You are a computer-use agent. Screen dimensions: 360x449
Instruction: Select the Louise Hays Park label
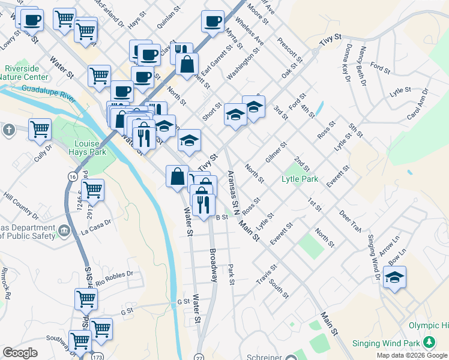tap(90, 148)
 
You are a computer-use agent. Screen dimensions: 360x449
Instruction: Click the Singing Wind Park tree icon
tap(429, 342)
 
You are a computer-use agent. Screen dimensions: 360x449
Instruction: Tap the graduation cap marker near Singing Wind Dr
tap(394, 277)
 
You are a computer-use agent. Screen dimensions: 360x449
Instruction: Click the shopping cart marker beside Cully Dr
tap(40, 128)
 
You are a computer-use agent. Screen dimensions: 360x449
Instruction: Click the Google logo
tap(20, 352)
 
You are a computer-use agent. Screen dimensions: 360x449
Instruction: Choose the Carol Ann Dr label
tap(418, 104)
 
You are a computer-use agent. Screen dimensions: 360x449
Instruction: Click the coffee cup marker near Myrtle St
tap(213, 22)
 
